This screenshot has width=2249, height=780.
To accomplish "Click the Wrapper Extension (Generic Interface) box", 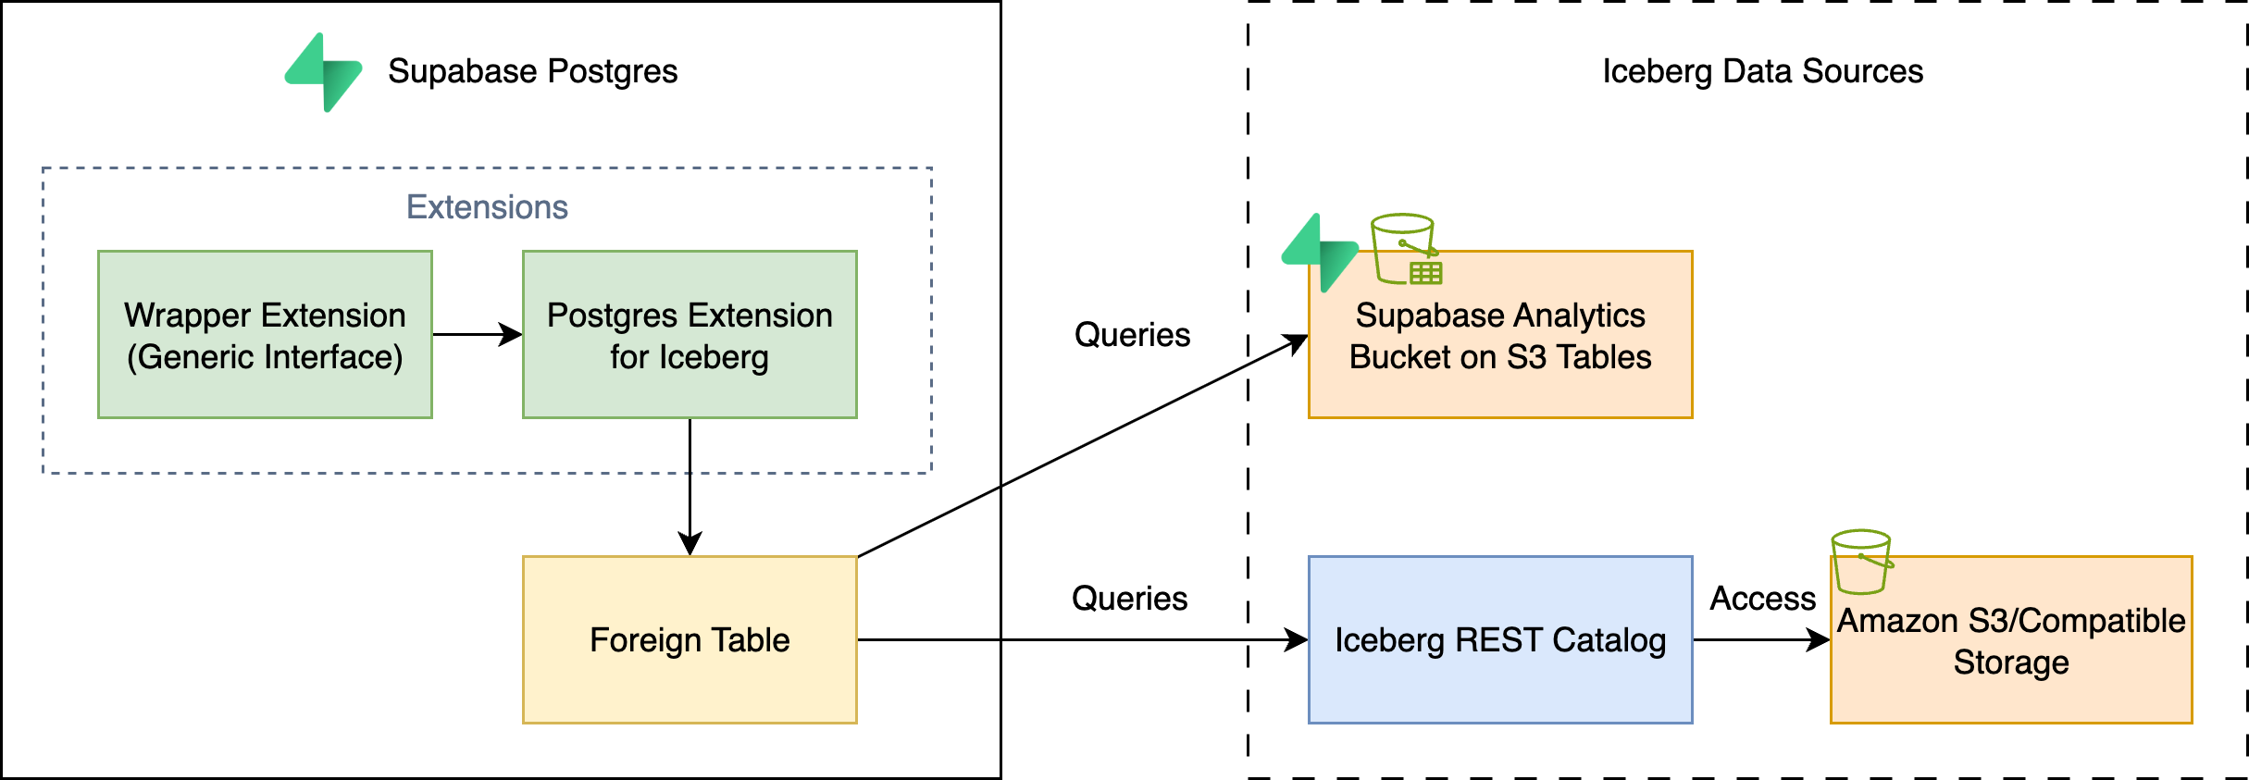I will [265, 334].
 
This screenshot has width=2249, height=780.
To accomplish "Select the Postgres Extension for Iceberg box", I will [690, 334].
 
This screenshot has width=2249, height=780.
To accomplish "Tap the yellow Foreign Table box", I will [690, 639].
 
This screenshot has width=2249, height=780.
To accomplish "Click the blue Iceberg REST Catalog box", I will [1499, 639].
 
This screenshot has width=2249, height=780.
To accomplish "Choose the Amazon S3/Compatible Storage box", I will [2010, 648].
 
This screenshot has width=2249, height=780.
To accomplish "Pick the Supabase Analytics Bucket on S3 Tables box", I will [1499, 352].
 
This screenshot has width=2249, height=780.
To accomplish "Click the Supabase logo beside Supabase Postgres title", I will [324, 72].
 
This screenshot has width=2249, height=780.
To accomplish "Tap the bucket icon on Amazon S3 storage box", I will [1861, 562].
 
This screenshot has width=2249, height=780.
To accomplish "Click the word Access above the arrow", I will [1762, 599].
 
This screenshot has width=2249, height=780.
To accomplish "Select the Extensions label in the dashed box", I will [487, 207].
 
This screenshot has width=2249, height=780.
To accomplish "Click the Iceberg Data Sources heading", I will [1762, 71].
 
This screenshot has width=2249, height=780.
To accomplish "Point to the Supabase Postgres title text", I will [532, 71].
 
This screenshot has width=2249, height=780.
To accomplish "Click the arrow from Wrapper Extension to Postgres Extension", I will [477, 334].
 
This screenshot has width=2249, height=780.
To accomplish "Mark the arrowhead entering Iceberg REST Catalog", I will [1296, 639].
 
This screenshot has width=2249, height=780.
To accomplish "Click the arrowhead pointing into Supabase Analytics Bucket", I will [1296, 343].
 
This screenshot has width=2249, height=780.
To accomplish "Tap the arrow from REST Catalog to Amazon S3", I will [1758, 639].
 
